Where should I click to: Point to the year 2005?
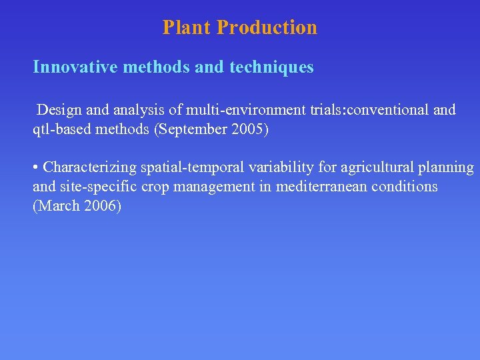click(x=249, y=129)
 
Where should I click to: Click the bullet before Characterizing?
click(x=35, y=167)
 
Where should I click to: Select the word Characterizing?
click(x=89, y=167)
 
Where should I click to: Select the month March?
click(x=57, y=206)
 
